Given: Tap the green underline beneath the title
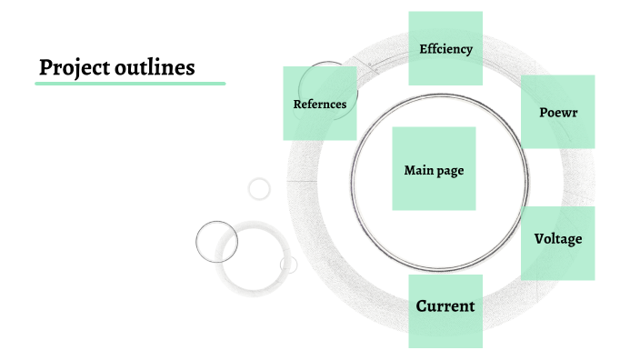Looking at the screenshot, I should [x=130, y=84].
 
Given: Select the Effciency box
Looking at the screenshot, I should [x=445, y=27].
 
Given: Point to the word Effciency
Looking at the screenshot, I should [x=445, y=49].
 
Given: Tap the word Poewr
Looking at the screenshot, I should [x=558, y=112].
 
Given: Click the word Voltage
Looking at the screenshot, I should [x=558, y=239].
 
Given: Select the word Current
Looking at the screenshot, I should [x=445, y=306].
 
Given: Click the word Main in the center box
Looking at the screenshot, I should [x=418, y=170].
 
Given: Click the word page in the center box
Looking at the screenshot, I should [x=450, y=171].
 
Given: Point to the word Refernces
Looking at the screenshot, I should [x=319, y=104].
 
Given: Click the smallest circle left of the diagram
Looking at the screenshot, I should [x=260, y=188].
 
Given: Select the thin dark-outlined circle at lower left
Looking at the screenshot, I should [x=216, y=242].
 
